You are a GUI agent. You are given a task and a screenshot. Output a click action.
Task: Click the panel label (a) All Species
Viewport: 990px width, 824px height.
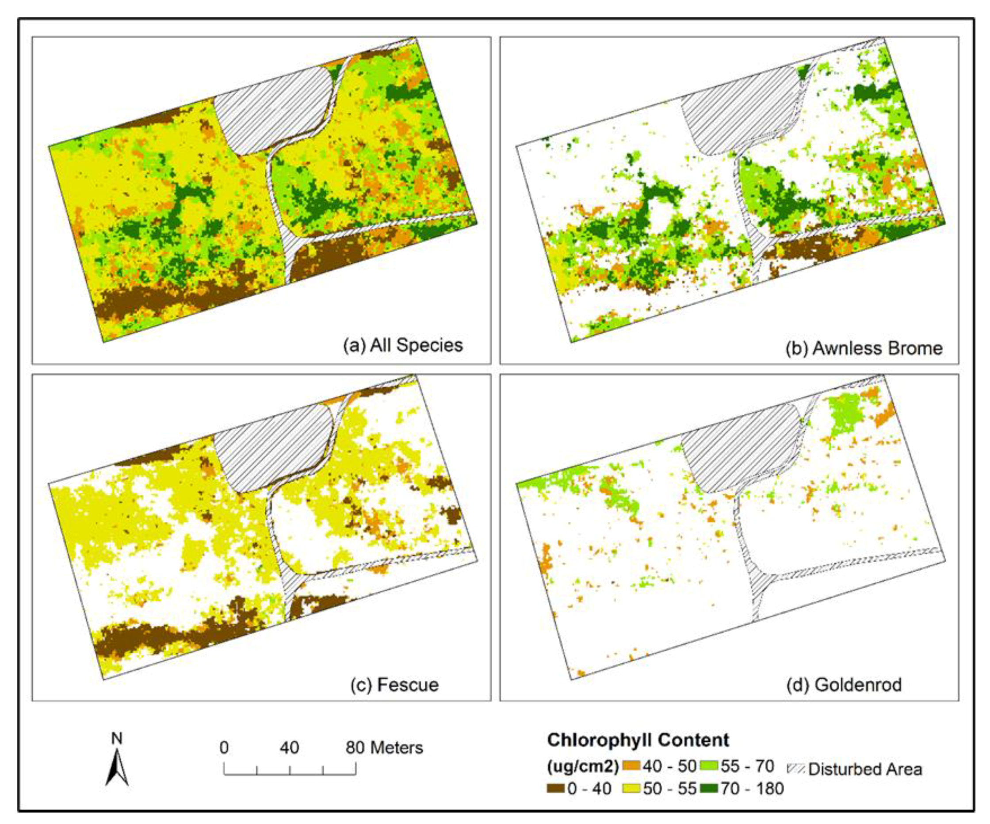(x=403, y=345)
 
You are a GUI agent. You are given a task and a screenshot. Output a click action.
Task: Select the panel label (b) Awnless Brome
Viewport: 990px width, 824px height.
(x=864, y=348)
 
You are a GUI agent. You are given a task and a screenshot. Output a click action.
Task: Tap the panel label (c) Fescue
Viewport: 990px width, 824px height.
(x=394, y=684)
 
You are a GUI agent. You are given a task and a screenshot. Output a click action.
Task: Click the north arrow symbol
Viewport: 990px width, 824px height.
(x=117, y=768)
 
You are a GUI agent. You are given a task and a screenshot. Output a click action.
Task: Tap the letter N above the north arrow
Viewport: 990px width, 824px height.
(x=116, y=738)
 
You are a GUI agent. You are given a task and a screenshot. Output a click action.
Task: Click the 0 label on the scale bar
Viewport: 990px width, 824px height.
(x=224, y=747)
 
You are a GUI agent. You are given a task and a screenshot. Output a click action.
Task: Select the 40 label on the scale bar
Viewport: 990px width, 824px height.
(x=289, y=747)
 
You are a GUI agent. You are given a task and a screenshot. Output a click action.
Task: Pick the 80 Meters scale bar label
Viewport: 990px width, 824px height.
(x=384, y=747)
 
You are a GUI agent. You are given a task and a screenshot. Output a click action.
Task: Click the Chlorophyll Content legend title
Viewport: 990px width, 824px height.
(x=638, y=740)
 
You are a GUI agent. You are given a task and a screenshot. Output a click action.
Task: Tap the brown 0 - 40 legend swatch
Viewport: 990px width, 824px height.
(x=555, y=788)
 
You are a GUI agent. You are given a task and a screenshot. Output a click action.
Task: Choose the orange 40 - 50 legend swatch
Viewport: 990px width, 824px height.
(x=631, y=766)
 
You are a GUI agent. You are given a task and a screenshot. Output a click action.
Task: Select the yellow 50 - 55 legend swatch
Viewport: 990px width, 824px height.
(x=631, y=788)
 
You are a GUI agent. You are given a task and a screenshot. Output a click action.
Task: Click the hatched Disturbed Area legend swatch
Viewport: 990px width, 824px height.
(x=796, y=769)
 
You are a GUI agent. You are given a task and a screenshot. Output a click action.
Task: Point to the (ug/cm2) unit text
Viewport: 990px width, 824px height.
(x=582, y=767)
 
